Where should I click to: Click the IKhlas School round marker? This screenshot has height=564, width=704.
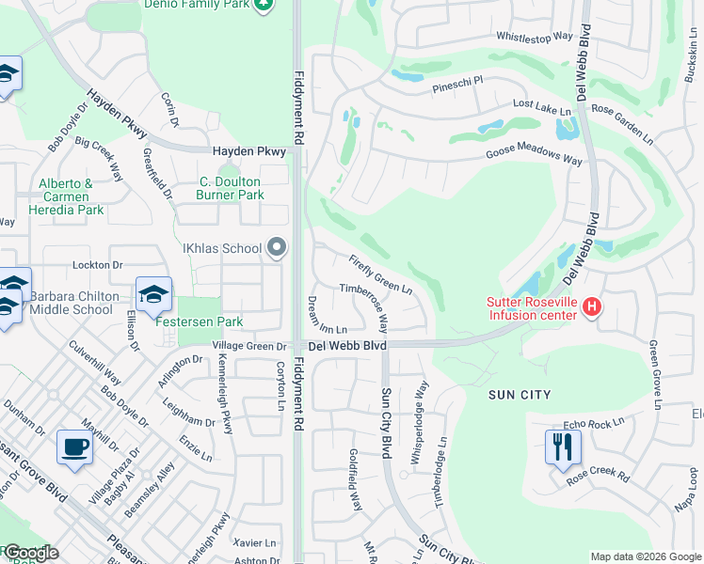click(x=276, y=248)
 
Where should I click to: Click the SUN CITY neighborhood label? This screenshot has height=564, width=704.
click(x=520, y=395)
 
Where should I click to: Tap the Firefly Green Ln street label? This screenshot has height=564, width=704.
click(x=381, y=274)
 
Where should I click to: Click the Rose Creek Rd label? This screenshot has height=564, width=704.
click(x=598, y=477)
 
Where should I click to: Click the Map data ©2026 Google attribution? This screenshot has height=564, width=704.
click(x=645, y=556)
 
